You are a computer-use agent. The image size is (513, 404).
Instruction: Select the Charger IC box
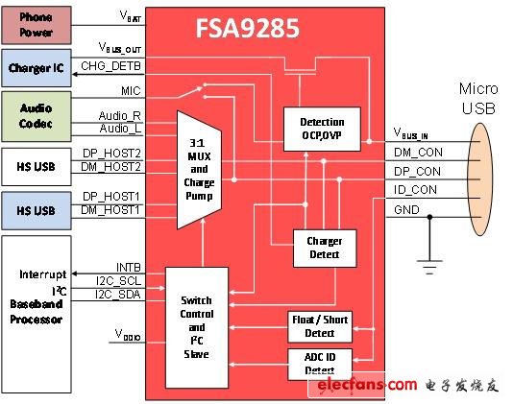pyautogui.click(x=37, y=68)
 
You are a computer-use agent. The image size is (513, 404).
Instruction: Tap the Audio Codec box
pyautogui.click(x=37, y=115)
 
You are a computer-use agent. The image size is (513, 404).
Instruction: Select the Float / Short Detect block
pyautogui.click(x=320, y=325)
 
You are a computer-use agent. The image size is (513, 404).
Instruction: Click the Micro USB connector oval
pyautogui.click(x=482, y=180)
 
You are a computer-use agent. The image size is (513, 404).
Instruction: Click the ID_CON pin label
pyautogui.click(x=415, y=189)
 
